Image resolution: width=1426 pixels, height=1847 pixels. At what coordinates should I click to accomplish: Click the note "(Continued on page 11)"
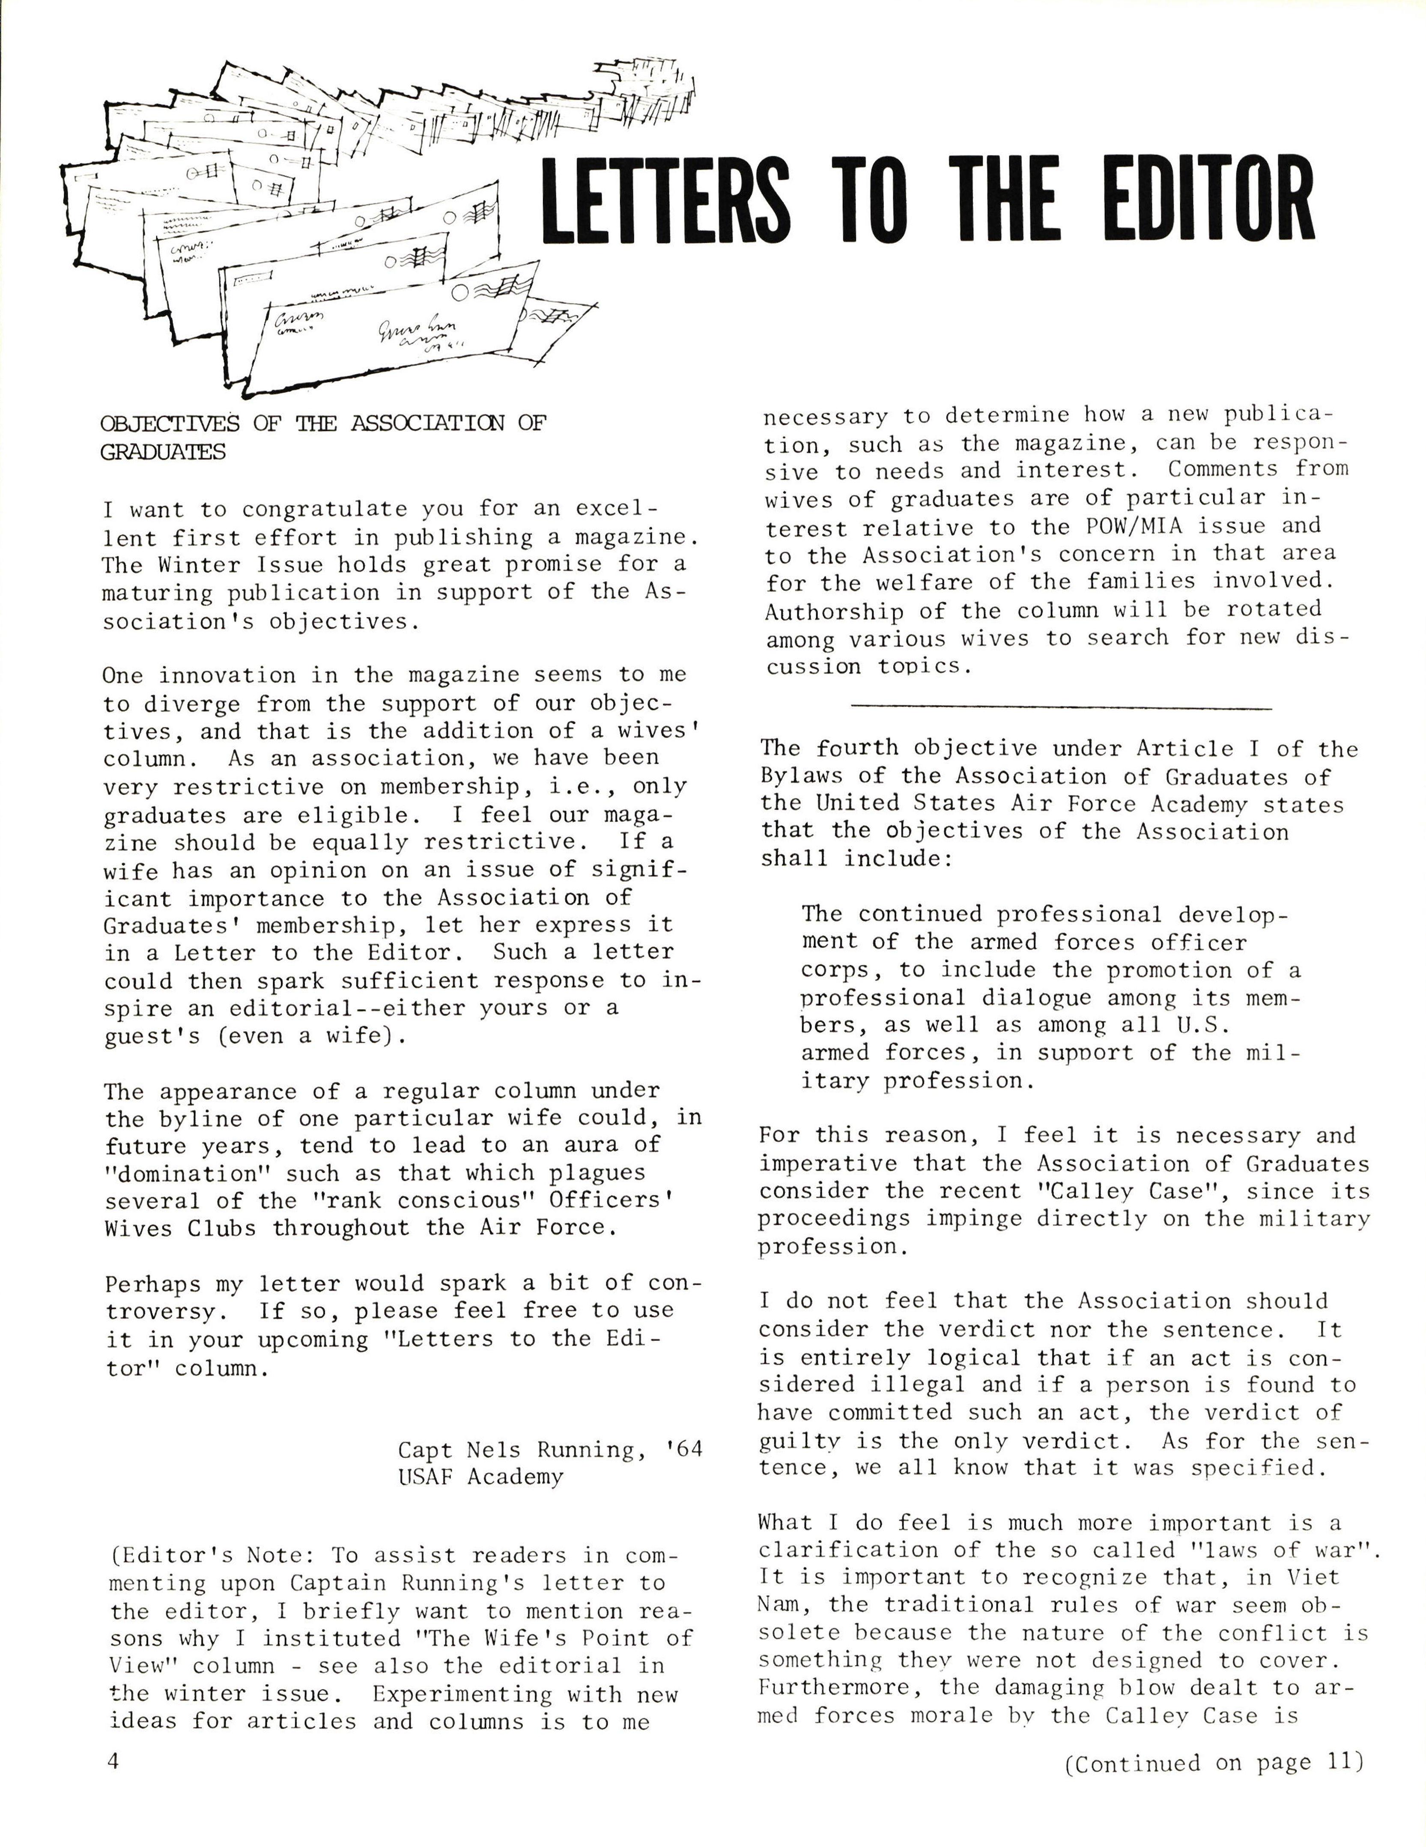coord(1214,1762)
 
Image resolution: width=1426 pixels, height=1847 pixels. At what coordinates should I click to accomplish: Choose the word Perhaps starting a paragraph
coord(153,1284)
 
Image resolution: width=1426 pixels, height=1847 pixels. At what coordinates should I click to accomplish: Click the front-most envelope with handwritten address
coord(389,330)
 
